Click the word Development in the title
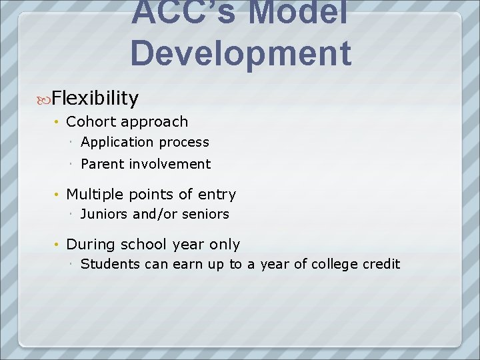click(241, 53)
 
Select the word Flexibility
click(95, 99)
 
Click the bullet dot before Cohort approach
click(58, 121)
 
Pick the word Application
click(117, 142)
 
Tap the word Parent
click(103, 164)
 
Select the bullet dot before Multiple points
click(58, 195)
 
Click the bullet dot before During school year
click(58, 245)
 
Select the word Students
click(110, 264)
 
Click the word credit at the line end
click(381, 264)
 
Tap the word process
click(183, 142)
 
